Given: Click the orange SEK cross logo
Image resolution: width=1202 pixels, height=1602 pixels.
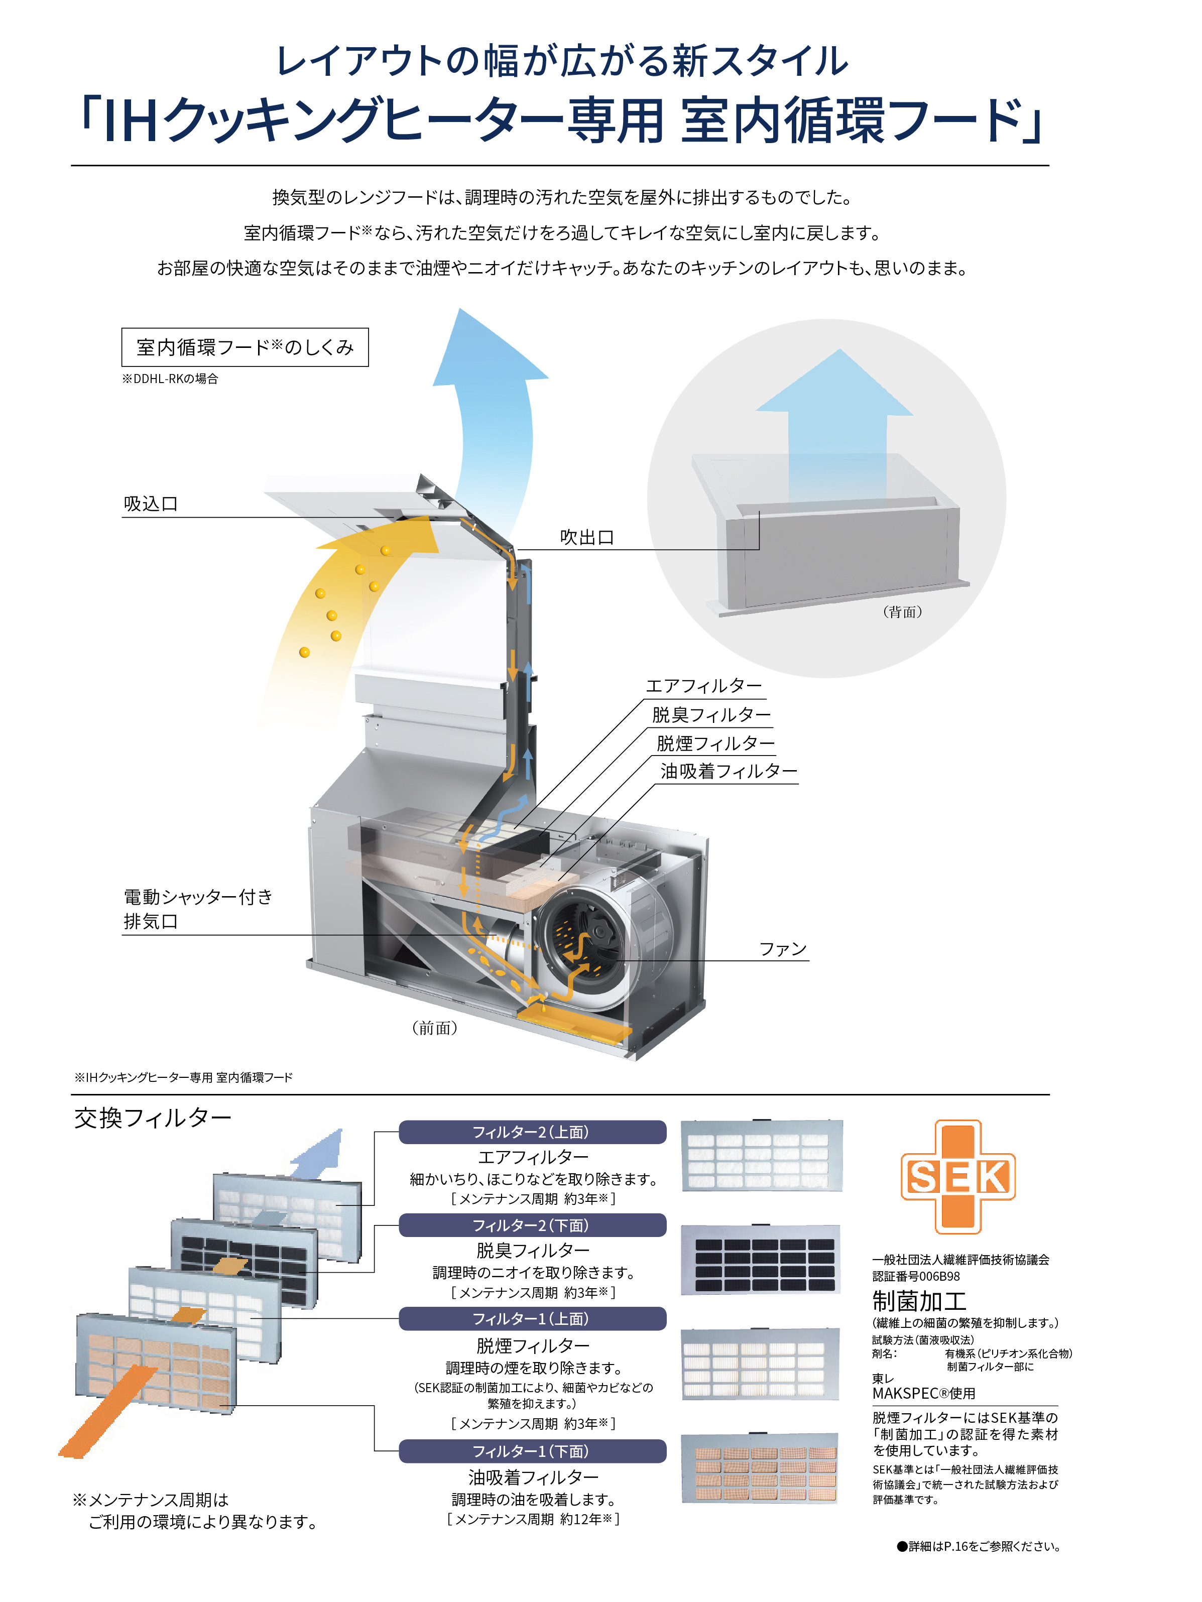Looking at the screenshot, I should click(957, 1176).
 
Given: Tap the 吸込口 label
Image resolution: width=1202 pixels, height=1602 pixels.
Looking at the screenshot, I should click(151, 504).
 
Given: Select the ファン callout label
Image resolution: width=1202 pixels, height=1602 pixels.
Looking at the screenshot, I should click(783, 949).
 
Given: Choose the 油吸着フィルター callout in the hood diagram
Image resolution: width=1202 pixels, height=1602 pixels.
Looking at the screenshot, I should click(729, 771).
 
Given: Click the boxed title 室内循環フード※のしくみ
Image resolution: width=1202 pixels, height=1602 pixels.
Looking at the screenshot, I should click(245, 347).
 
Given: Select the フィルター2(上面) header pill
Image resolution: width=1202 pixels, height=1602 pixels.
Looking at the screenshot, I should click(532, 1132).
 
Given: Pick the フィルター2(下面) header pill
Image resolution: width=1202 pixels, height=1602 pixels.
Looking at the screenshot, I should click(532, 1225).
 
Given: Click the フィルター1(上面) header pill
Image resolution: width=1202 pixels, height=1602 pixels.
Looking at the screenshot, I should click(532, 1319).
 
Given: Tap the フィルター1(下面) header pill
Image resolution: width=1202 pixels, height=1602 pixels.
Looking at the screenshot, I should click(532, 1451).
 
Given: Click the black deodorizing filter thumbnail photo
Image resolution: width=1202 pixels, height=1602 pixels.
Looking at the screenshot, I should click(760, 1260).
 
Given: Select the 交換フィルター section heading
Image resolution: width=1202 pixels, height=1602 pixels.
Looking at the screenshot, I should click(153, 1118).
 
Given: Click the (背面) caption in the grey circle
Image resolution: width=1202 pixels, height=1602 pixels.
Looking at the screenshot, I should click(902, 612).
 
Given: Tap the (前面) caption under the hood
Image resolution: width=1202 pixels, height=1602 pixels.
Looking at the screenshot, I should click(434, 1028).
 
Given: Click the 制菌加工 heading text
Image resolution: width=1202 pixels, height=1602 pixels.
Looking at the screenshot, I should click(919, 1301).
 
